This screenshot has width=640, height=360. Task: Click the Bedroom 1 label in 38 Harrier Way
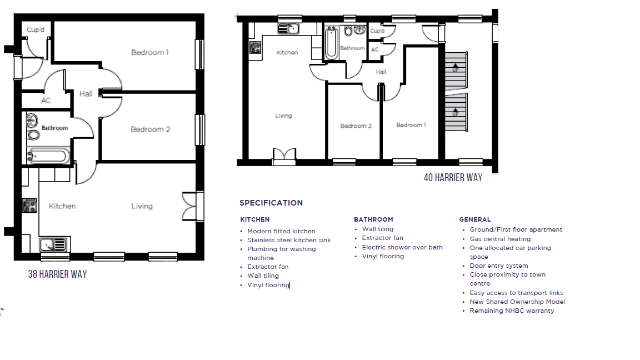150,52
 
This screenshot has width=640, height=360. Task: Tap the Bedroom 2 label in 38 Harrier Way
150,129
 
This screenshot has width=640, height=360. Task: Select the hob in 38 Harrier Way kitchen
29,206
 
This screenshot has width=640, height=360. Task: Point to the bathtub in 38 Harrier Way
48,156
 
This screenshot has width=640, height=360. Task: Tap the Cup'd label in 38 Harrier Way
36,30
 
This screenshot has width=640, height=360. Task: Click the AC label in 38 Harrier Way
46,100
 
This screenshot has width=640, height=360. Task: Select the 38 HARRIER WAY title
58,274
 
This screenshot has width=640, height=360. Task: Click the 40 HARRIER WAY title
453,178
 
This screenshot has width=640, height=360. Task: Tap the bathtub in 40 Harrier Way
332,42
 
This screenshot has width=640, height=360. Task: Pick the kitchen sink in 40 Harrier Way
288,28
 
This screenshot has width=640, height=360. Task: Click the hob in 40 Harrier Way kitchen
256,47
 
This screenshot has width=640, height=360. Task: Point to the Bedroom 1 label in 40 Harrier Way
411,125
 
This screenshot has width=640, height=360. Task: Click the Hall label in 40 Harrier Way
381,72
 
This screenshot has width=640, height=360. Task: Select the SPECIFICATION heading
271,203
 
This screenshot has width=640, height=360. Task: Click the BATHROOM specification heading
373,219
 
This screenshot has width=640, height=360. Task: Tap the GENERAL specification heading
475,219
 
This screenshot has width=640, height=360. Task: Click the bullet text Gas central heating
500,239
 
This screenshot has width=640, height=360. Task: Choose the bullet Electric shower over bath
402,247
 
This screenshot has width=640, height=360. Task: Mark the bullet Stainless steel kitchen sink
289,240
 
